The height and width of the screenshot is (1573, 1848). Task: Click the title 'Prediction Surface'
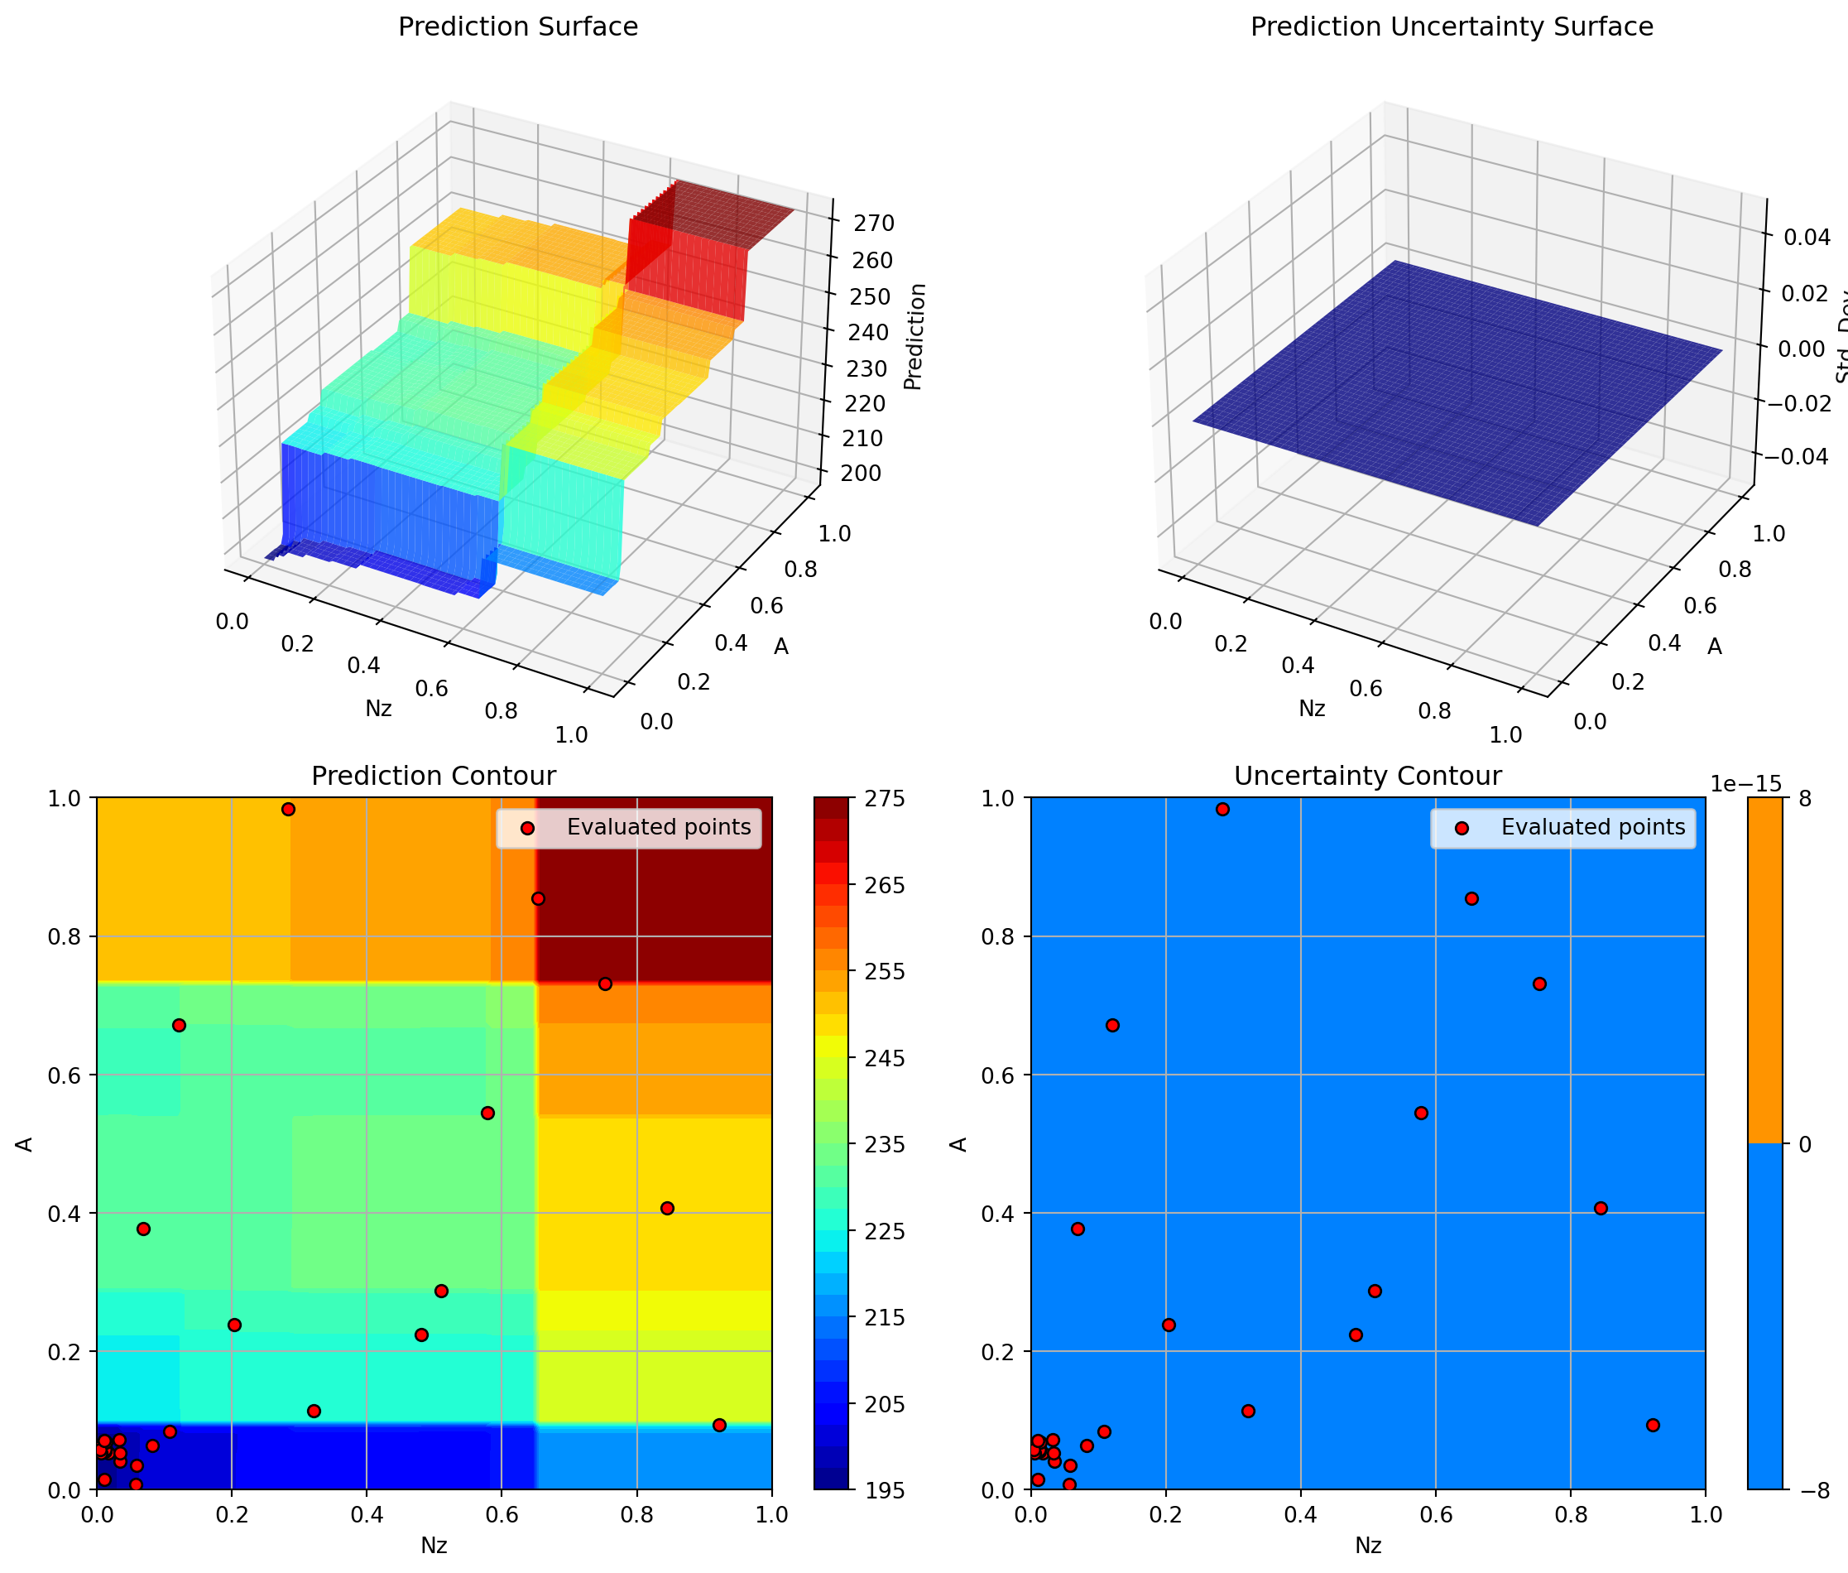517,26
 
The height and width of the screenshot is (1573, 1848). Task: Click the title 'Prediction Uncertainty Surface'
1452,26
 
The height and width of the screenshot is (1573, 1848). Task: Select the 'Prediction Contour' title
434,776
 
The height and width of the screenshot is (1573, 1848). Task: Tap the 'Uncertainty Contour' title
1367,776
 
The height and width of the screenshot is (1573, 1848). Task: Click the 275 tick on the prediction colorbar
886,798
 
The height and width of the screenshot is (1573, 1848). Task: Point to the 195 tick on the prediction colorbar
886,1490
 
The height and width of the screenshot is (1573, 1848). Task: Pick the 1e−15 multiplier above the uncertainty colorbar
1745,784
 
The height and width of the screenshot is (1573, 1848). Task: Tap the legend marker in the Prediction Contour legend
527,829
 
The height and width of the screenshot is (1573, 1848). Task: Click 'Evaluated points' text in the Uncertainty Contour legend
1593,828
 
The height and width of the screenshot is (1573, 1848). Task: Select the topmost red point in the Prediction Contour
288,810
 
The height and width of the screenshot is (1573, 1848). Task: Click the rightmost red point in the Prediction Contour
719,1425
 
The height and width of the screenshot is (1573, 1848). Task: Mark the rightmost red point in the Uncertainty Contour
1653,1425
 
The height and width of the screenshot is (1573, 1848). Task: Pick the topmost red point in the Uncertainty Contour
1222,810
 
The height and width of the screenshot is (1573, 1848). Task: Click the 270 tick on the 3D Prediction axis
874,224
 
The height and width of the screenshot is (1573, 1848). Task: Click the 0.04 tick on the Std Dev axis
1807,238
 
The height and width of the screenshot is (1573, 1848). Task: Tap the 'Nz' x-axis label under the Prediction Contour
434,1546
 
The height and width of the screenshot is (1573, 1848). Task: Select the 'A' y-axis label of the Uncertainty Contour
959,1144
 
